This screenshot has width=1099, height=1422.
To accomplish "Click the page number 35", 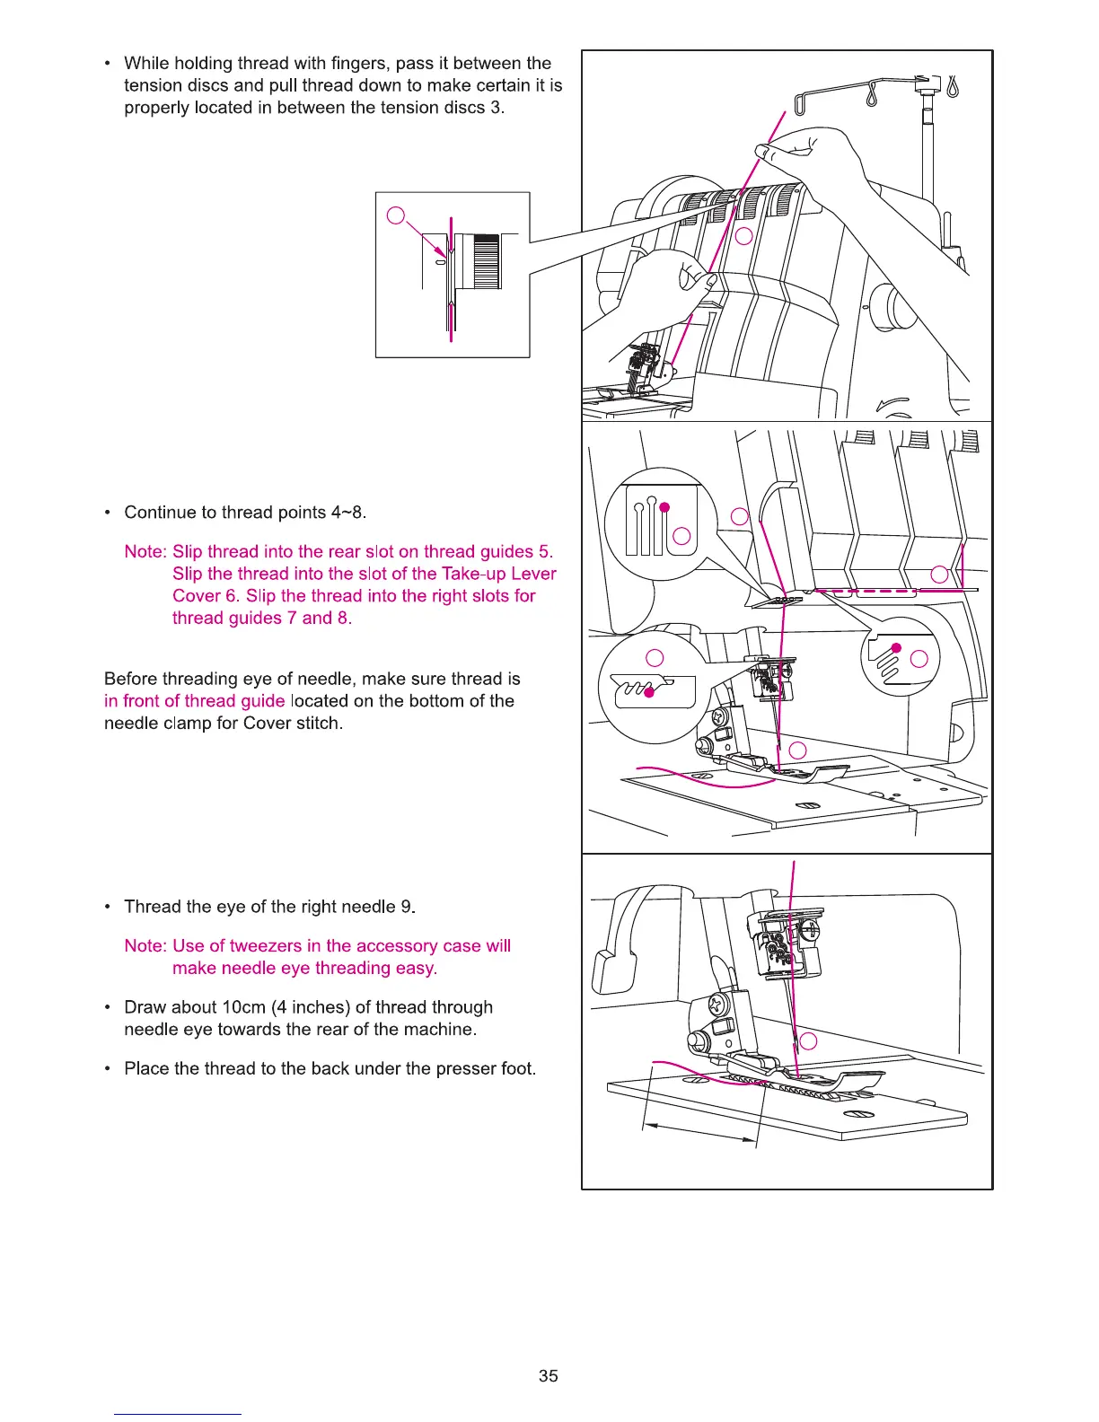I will click(x=549, y=1375).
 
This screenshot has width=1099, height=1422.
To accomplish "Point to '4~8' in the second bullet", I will click(x=347, y=513).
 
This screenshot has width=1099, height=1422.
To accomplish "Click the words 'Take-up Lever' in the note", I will click(x=499, y=574).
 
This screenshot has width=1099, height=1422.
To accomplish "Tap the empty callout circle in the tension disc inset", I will click(x=396, y=215).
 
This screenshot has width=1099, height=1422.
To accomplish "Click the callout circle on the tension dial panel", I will click(x=743, y=236).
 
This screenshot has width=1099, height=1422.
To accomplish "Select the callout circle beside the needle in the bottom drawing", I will click(x=809, y=1041).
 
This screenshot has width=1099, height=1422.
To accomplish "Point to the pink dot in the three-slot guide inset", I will click(x=664, y=508).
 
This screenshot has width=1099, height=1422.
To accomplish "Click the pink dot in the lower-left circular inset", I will click(x=649, y=692).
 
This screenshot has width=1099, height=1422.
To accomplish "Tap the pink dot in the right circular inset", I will click(x=895, y=647).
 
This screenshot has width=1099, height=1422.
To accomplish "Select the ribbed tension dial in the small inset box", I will click(x=486, y=261).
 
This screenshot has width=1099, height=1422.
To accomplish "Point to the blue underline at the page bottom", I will click(x=177, y=1414).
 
